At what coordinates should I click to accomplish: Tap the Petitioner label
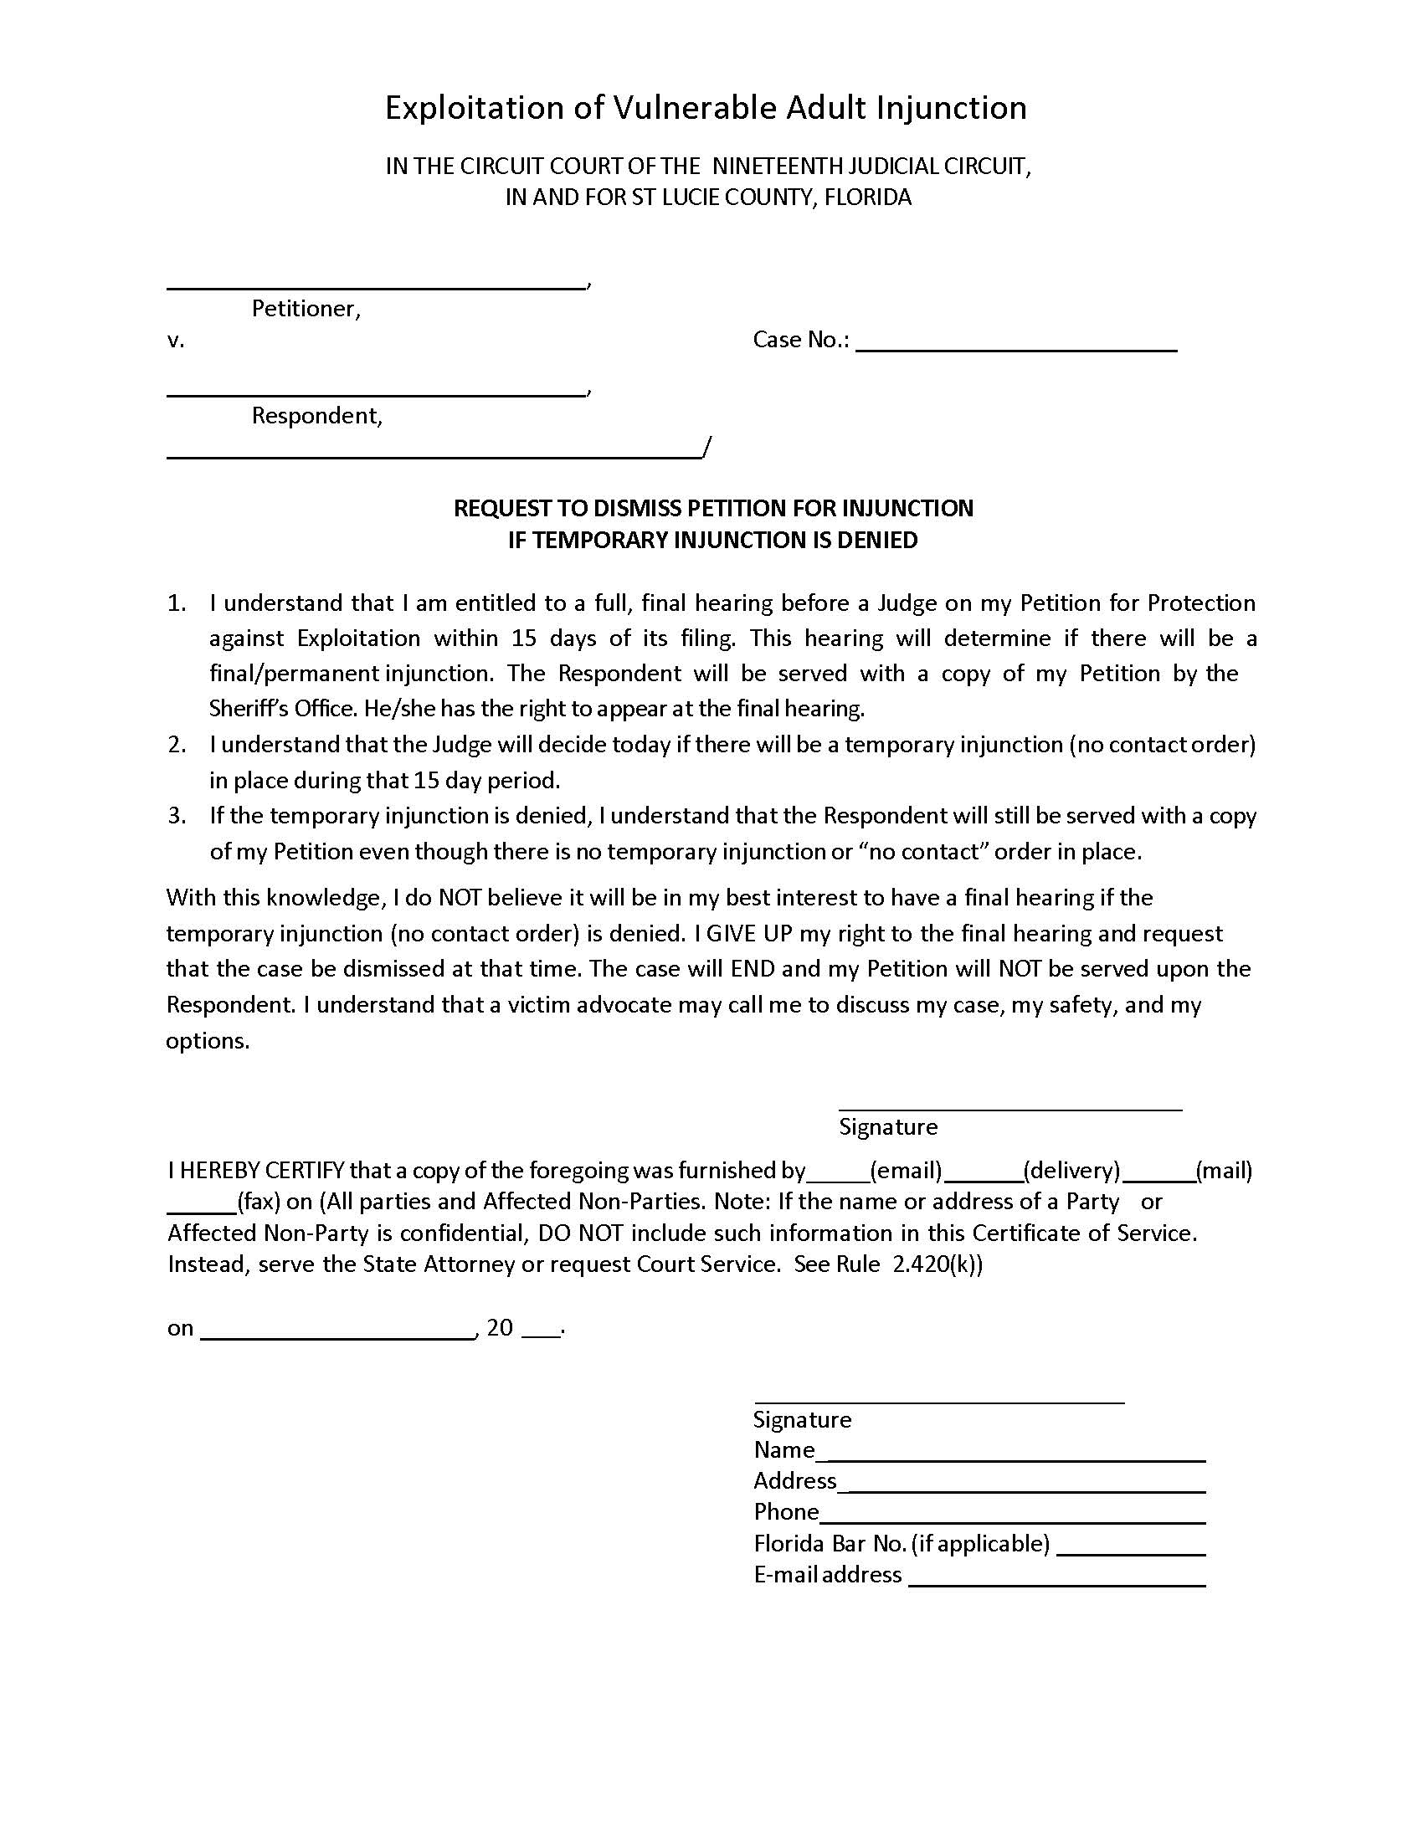pos(306,310)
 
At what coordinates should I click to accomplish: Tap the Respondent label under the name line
pos(317,416)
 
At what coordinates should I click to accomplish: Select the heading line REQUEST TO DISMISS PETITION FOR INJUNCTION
pos(713,508)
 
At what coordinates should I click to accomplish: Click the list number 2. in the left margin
pos(176,745)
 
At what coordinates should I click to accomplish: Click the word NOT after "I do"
pos(460,898)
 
